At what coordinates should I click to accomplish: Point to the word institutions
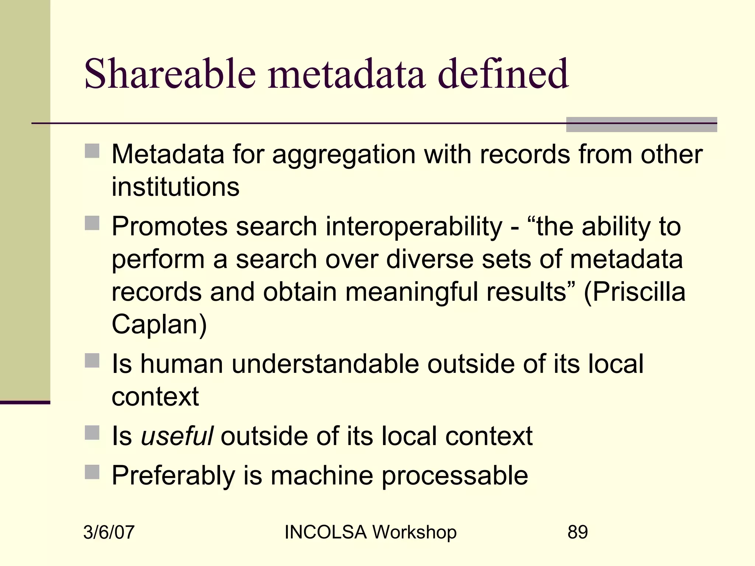175,187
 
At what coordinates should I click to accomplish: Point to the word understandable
325,364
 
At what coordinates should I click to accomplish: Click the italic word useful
177,436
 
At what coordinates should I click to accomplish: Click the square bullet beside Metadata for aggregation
92,151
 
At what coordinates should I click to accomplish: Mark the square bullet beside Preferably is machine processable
92,472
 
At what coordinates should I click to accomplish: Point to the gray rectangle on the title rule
641,125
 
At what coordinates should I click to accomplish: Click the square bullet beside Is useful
92,433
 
